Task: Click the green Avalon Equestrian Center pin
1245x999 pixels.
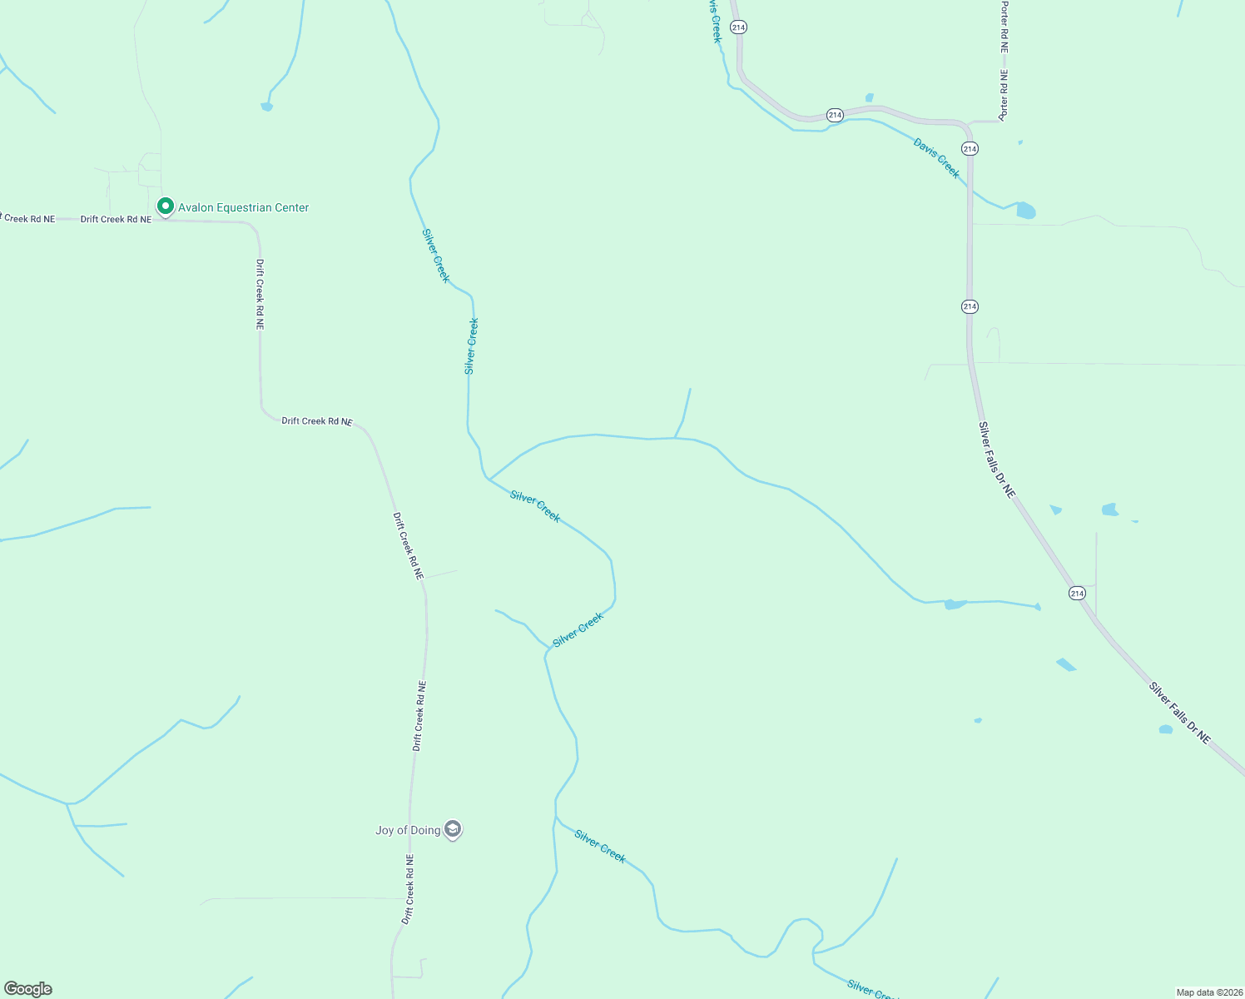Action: coord(165,206)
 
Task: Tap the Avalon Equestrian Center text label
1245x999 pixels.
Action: coord(244,207)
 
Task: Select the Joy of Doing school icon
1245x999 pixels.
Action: coord(453,829)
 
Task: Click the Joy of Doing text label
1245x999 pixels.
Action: coord(408,830)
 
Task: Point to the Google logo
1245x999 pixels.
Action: coord(28,989)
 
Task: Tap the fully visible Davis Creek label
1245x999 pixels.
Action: coord(936,158)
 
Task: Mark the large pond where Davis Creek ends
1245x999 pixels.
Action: coord(1026,211)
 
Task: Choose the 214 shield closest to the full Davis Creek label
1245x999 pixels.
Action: coord(970,148)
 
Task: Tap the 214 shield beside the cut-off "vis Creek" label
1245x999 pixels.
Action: coord(738,27)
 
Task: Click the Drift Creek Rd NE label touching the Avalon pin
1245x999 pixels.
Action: coord(116,220)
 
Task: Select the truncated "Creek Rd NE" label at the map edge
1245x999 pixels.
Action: coord(28,219)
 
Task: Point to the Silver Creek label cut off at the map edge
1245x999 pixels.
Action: coord(871,990)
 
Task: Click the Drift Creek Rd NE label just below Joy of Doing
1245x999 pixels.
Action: coord(408,889)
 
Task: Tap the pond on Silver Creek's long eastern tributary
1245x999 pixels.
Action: coord(954,604)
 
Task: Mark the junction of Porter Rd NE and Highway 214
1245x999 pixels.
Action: coord(971,123)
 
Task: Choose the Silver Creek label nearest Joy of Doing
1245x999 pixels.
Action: coord(599,846)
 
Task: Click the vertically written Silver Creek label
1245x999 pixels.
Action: coord(471,345)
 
